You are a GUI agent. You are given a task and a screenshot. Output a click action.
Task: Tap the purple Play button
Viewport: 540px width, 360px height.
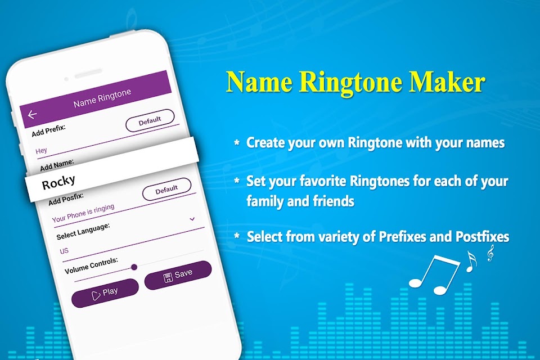(105, 293)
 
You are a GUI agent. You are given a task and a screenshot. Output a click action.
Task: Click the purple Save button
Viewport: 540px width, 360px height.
(178, 275)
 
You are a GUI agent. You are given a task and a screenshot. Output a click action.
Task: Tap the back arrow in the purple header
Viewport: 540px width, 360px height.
(33, 114)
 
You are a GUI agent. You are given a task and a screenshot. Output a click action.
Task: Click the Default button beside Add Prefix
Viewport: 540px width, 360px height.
(150, 120)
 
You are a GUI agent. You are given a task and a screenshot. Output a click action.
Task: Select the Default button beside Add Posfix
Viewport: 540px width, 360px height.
(166, 189)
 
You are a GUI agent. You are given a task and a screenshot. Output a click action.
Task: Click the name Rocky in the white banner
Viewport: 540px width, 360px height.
(58, 182)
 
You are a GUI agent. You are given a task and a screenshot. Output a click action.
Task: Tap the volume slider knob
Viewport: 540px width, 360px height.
(134, 267)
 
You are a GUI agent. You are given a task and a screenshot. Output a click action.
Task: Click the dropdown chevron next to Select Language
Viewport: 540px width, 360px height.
(192, 219)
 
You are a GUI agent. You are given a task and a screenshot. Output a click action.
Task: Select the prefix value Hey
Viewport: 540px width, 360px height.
(41, 151)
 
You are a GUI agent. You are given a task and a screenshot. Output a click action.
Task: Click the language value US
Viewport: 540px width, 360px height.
(64, 251)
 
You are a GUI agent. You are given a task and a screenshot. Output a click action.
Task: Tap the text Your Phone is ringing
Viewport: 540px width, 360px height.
(83, 213)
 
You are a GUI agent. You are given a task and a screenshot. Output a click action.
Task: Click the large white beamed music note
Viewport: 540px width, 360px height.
(434, 275)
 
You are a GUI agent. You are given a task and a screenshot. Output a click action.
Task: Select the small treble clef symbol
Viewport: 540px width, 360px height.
(490, 253)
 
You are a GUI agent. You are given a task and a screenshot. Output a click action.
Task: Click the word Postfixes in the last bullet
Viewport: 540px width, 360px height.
(482, 237)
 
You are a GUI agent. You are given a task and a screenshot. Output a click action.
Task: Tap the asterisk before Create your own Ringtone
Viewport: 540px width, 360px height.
(237, 142)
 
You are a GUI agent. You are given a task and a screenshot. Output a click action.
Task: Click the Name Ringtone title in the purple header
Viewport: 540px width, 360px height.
(102, 98)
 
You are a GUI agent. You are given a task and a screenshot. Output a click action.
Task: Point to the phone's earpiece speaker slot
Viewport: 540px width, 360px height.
(88, 73)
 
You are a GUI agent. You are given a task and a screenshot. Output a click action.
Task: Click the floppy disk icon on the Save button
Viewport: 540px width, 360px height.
(168, 277)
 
